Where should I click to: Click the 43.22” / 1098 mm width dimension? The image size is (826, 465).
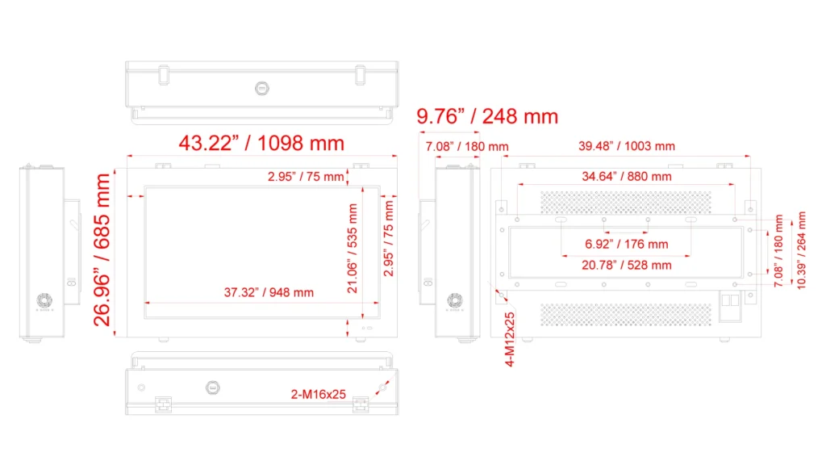tap(261, 143)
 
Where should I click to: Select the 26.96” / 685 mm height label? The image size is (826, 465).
tap(102, 250)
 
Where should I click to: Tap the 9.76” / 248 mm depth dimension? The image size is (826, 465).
tap(487, 116)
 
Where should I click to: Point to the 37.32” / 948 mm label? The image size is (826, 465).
tap(269, 292)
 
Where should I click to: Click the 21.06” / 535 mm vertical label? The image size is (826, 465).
tap(353, 249)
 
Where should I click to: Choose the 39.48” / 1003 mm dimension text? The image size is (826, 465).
tap(626, 146)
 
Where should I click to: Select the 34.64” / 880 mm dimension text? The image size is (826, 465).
tap(626, 176)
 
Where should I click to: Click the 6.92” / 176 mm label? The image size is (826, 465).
tap(626, 244)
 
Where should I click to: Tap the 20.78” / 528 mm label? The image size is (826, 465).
tap(626, 265)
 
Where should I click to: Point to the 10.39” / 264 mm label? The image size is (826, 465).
tap(801, 250)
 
